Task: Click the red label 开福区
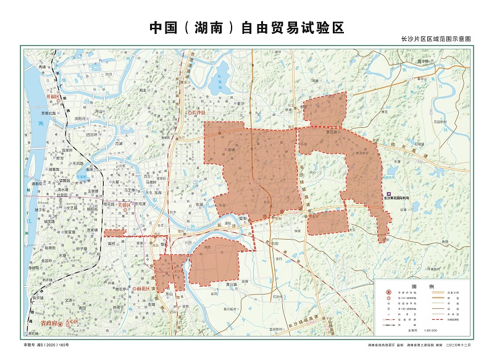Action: [54, 98]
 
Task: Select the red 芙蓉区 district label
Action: [125, 203]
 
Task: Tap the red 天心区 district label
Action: [73, 322]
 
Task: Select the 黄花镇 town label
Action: [316, 131]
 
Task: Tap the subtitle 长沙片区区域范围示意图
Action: [436, 39]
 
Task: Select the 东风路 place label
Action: [78, 164]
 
